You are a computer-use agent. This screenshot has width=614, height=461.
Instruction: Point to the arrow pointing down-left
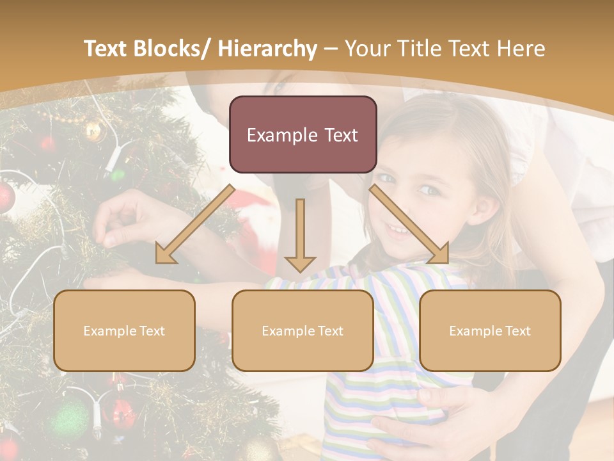(x=195, y=224)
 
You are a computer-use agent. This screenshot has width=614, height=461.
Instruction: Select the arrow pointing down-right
(x=409, y=224)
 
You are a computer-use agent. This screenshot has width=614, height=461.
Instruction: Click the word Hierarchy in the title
(x=267, y=49)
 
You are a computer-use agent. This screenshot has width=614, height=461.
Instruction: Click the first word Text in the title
(x=107, y=49)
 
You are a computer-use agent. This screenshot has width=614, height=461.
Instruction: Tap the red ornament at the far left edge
(x=5, y=197)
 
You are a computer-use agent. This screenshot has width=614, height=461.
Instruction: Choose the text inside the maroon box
(x=303, y=135)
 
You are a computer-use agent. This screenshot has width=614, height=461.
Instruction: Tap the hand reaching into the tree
(x=122, y=221)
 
